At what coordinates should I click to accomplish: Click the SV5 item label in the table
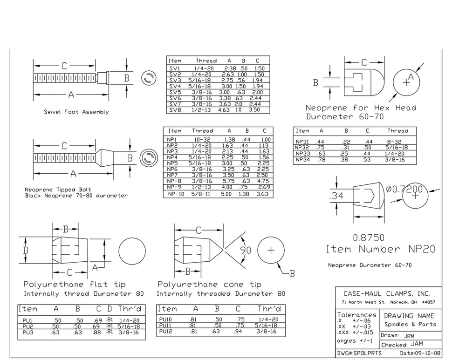(x=175, y=92)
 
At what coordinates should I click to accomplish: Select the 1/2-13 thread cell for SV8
(x=201, y=110)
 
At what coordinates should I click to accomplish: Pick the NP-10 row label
(x=176, y=194)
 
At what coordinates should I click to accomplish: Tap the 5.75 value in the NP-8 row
(x=228, y=181)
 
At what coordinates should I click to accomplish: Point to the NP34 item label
(x=302, y=159)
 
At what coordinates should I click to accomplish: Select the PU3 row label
(x=28, y=333)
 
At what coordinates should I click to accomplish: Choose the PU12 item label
(x=165, y=331)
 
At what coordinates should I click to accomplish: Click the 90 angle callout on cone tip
(x=246, y=250)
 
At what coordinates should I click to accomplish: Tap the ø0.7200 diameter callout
(x=404, y=189)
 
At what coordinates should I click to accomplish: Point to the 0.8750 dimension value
(x=369, y=238)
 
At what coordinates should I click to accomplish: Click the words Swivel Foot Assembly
(x=76, y=112)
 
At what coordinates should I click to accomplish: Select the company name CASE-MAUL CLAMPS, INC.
(x=387, y=294)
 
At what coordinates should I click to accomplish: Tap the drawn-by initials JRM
(x=409, y=336)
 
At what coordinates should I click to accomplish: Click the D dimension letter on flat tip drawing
(x=26, y=250)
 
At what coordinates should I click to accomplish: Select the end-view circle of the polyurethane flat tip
(x=132, y=251)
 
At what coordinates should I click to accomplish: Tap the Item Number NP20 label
(x=380, y=249)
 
